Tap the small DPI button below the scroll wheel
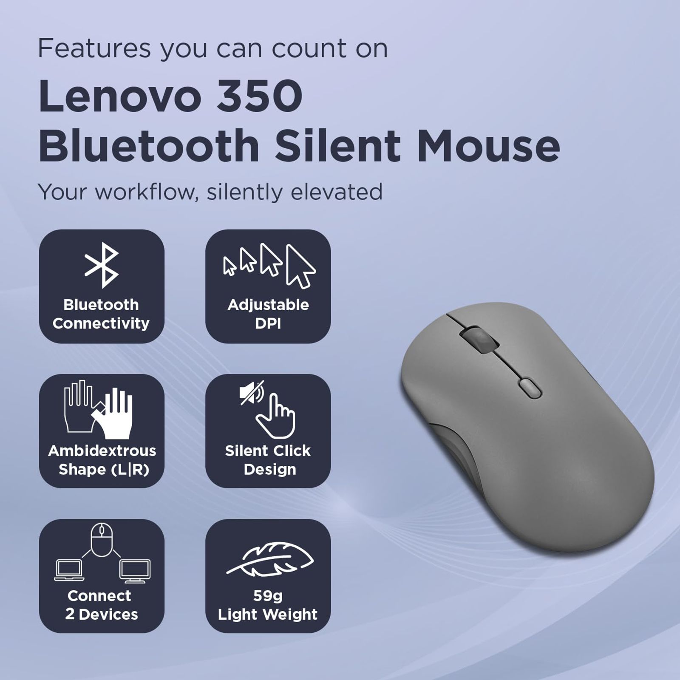coord(530,388)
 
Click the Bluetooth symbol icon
coord(102,266)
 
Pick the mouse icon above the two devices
coord(102,540)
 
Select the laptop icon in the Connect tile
coord(69,570)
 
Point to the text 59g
coord(268,596)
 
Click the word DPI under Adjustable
coord(268,323)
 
